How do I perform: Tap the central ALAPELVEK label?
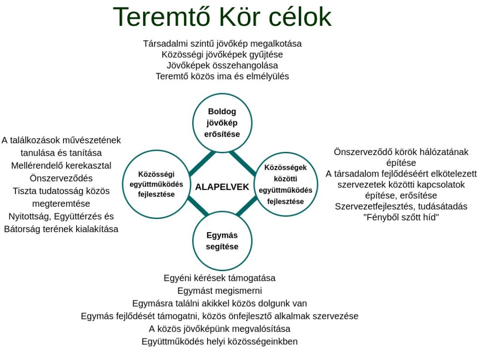222,187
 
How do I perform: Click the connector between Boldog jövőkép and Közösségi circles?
202,163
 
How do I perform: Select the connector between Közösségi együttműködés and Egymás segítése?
198,205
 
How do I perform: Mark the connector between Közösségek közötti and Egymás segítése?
247,206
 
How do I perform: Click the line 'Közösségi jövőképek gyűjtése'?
222,55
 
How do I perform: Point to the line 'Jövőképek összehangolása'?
222,65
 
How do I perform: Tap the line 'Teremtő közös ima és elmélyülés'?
222,76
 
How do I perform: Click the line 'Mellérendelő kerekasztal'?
61,166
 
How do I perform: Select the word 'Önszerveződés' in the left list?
61,178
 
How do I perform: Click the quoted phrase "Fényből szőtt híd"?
401,217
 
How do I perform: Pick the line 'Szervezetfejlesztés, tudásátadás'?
401,206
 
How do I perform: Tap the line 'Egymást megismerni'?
220,290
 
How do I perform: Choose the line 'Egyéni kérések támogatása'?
220,278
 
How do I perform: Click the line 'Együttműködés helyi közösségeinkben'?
220,342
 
